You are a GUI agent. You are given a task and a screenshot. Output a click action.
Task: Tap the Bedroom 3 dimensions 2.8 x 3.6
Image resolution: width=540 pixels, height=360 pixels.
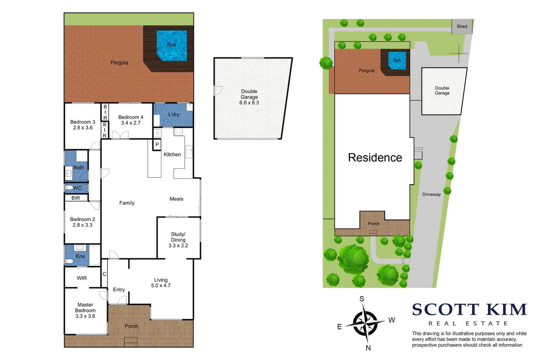click(x=83, y=128)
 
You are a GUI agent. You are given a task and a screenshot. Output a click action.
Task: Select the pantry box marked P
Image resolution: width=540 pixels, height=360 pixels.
click(x=157, y=145)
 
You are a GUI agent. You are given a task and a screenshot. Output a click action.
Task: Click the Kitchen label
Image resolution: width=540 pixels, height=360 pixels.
click(x=172, y=154)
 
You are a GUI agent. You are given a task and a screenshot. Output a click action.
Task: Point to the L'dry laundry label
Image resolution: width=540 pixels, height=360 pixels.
click(x=174, y=114)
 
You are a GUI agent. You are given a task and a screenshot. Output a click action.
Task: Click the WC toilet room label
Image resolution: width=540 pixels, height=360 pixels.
click(x=77, y=188)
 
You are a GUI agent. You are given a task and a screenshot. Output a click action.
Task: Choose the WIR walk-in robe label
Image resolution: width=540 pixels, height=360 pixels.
click(x=82, y=278)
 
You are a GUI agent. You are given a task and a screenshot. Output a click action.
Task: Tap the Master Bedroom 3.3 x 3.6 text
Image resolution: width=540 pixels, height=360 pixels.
click(x=85, y=310)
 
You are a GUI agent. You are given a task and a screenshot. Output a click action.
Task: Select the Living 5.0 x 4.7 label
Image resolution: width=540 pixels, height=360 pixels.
click(x=161, y=283)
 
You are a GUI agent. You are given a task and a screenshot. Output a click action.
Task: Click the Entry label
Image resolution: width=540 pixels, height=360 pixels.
click(x=119, y=290)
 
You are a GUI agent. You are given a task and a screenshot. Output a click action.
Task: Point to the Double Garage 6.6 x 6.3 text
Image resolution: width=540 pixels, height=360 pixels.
click(x=249, y=97)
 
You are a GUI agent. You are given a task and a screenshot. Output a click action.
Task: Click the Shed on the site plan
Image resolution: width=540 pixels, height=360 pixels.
click(x=462, y=26)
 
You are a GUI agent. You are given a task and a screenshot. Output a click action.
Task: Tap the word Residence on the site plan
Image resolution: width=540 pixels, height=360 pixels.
click(x=375, y=157)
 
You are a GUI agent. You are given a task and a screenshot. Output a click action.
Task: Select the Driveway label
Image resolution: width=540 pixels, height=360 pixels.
click(x=431, y=194)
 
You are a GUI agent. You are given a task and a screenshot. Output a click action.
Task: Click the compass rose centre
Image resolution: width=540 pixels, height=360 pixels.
click(x=365, y=323)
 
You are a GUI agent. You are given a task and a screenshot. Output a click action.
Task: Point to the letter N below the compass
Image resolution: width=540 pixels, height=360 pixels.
click(x=368, y=348)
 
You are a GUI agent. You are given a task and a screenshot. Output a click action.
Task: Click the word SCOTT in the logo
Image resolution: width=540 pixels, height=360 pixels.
click(x=445, y=310)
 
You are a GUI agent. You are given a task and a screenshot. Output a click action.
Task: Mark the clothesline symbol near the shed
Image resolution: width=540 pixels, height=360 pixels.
click(x=459, y=53)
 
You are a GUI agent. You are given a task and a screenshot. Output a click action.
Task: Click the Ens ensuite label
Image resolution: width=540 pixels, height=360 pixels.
click(x=80, y=256)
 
